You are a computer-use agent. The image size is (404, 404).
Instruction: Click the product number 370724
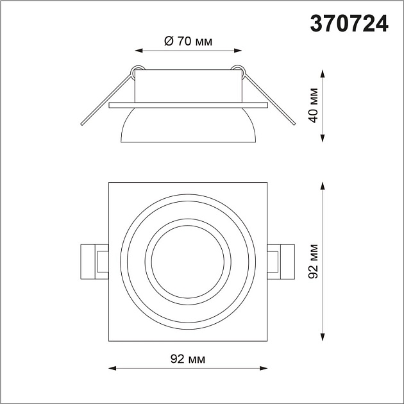pyautogui.click(x=349, y=23)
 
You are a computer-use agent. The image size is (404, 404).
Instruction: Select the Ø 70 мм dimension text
pyautogui.click(x=188, y=42)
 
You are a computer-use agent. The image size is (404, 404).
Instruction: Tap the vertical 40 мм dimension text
pyautogui.click(x=313, y=107)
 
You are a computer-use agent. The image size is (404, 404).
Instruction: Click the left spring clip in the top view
pyautogui.click(x=94, y=262)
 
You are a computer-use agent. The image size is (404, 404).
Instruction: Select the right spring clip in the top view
pyautogui.click(x=281, y=262)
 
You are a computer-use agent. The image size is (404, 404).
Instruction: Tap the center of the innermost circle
pyautogui.click(x=187, y=262)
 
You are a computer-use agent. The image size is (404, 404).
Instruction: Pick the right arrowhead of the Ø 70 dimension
pyautogui.click(x=238, y=50)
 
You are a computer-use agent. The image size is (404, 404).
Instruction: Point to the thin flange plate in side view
pyautogui.click(x=187, y=103)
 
